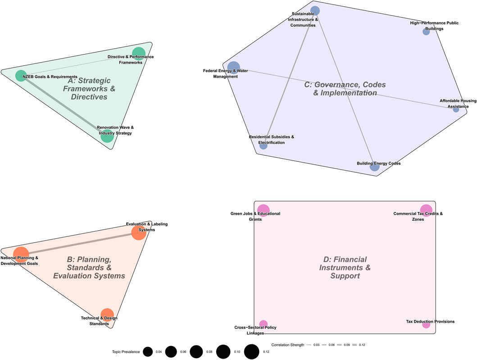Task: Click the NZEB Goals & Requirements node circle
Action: (x=21, y=76)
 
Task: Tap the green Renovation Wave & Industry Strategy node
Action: (x=107, y=136)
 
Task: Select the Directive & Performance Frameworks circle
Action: (x=139, y=53)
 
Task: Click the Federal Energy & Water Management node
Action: (x=233, y=68)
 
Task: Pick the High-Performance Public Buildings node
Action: (x=426, y=32)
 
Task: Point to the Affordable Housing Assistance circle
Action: (x=456, y=109)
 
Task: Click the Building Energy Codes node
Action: (x=374, y=167)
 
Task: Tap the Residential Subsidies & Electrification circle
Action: (x=263, y=145)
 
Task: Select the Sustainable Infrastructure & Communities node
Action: (x=315, y=11)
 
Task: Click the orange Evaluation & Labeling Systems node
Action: (x=138, y=233)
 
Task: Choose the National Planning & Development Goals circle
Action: (x=21, y=255)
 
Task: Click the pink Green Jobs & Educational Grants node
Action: (x=263, y=210)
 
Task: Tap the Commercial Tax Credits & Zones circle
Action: (x=426, y=210)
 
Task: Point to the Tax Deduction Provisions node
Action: (x=426, y=324)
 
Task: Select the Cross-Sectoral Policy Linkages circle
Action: (x=263, y=324)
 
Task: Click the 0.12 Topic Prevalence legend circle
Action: (x=252, y=351)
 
